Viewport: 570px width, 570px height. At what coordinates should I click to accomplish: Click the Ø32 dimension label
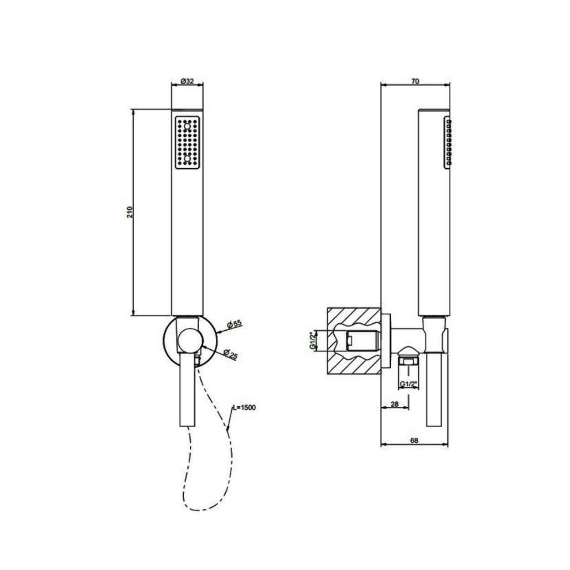[x=187, y=81]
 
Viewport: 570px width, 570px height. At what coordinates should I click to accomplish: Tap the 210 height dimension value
[x=130, y=212]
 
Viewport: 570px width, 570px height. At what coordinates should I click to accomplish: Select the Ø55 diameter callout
[x=234, y=324]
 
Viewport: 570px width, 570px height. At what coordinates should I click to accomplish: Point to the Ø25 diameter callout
[x=230, y=354]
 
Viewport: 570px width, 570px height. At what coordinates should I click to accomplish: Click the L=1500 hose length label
[x=244, y=407]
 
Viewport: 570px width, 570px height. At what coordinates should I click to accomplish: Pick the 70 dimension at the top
[x=415, y=81]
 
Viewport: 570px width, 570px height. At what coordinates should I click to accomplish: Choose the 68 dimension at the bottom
[x=415, y=448]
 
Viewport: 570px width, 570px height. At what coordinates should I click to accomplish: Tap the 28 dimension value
[x=394, y=404]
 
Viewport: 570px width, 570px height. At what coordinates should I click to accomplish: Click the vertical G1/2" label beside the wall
[x=313, y=341]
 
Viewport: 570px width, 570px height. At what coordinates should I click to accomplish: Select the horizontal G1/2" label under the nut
[x=408, y=383]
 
